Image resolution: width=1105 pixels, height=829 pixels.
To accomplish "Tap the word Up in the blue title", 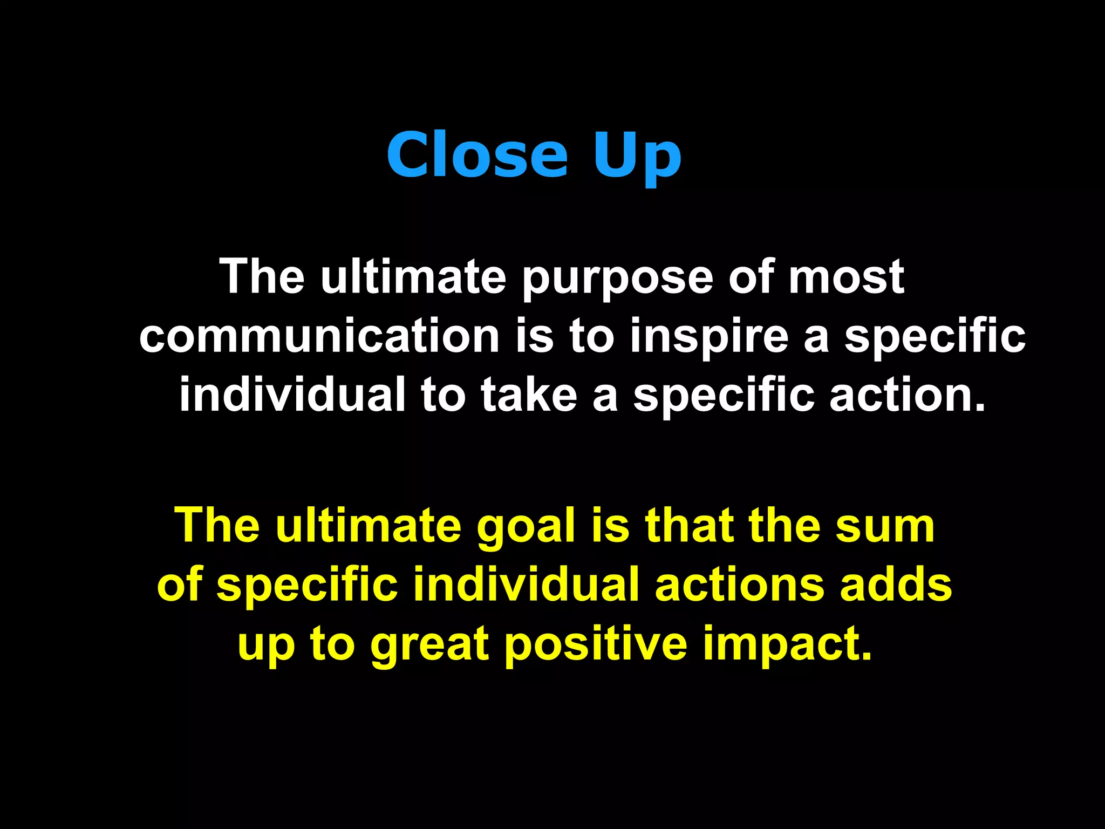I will coord(637,157).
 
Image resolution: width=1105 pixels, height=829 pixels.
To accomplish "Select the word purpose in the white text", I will coord(618,277).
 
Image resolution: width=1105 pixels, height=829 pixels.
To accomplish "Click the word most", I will coord(846,277).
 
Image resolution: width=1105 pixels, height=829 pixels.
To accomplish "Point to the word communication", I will coord(319,336).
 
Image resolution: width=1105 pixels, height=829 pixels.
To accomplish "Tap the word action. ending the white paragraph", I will coord(908,395).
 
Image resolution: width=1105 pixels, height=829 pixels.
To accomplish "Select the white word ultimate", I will coord(413,277).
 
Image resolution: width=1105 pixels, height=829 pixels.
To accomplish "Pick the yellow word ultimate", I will coord(369,526).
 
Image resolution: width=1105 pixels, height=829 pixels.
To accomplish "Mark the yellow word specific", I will coord(307,586).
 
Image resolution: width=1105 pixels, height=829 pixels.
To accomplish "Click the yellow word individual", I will coord(526,585).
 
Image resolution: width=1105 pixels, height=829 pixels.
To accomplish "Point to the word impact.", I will coord(787,645).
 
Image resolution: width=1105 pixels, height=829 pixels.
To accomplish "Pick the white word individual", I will coord(292,395).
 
